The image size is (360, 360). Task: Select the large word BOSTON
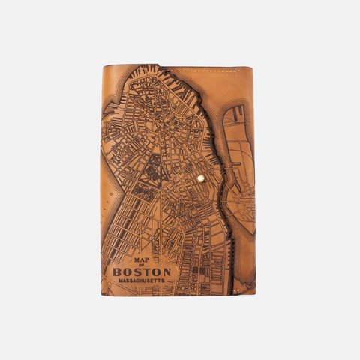click(x=142, y=272)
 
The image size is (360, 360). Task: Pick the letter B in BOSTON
click(x=117, y=272)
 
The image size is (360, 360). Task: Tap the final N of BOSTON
click(x=166, y=272)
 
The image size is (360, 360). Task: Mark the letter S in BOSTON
click(x=136, y=272)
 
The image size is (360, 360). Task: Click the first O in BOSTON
click(x=127, y=272)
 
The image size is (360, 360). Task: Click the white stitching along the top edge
click(x=210, y=70)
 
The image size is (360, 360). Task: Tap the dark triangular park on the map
click(x=151, y=169)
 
